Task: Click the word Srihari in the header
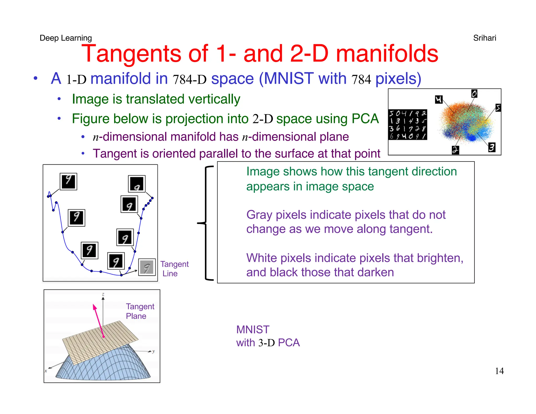484,38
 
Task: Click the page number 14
499,371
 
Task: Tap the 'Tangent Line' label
174,269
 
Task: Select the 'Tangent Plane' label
140,311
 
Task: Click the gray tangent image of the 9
147,267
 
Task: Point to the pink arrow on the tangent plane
98,321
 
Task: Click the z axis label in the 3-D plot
103,294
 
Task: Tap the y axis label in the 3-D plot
154,351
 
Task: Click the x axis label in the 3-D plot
46,371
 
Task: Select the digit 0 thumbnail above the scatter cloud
474,94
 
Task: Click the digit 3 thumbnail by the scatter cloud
492,147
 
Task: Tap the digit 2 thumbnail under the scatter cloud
455,150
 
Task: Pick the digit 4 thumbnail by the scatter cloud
439,99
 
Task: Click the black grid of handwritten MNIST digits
407,125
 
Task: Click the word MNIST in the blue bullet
289,78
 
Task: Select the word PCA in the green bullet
365,119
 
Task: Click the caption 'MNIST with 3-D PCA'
268,336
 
